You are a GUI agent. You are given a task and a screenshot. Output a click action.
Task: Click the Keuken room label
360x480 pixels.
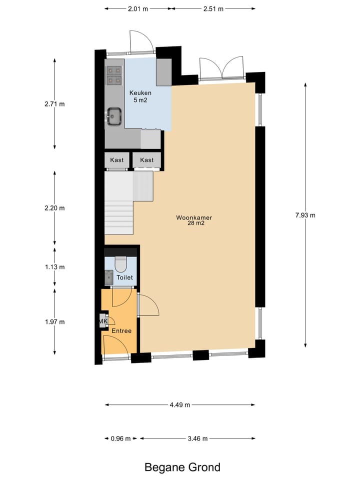coord(140,96)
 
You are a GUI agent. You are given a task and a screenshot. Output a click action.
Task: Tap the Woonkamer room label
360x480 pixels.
coord(190,220)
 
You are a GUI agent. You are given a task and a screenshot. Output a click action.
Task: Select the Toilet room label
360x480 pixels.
coord(124,277)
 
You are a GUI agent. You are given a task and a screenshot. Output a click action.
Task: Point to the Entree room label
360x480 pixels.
coord(121,331)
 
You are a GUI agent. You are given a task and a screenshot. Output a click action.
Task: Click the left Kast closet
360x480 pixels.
coord(117,160)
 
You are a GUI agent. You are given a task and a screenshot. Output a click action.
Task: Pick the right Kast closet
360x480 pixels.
coord(147,160)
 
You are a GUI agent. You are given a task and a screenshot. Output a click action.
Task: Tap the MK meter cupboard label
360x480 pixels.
coord(103,321)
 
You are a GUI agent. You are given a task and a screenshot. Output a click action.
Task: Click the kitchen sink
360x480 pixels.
coord(114,117)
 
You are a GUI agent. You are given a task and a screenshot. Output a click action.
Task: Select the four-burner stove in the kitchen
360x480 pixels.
coord(114,74)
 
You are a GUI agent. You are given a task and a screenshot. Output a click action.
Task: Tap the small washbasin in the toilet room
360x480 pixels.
coord(109,276)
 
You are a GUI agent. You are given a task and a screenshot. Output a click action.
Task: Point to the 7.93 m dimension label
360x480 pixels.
coord(305,215)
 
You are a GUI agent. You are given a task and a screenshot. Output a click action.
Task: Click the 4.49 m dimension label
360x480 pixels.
coord(179,405)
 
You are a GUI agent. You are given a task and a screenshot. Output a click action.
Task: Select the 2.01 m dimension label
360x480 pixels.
coord(138,8)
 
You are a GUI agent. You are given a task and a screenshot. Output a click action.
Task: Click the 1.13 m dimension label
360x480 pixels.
coord(54,266)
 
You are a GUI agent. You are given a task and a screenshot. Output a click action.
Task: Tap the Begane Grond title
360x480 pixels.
coord(182,467)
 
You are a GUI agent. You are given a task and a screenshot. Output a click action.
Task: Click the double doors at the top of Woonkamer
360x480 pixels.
coord(222,67)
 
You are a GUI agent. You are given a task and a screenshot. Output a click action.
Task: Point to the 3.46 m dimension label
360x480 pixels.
coord(197,438)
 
